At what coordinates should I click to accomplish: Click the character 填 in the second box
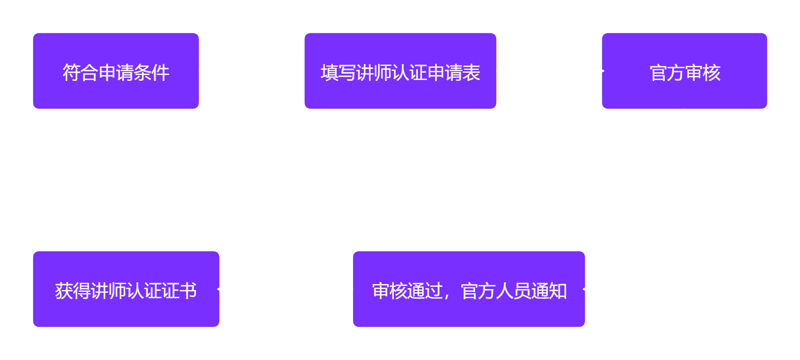click(329, 73)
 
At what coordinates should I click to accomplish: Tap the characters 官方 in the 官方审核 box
click(667, 73)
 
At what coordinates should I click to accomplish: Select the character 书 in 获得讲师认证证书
click(188, 291)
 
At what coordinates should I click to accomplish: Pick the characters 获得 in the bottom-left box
click(72, 291)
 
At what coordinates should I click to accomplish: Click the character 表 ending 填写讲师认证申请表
click(471, 73)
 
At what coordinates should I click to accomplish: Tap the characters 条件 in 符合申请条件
click(151, 73)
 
